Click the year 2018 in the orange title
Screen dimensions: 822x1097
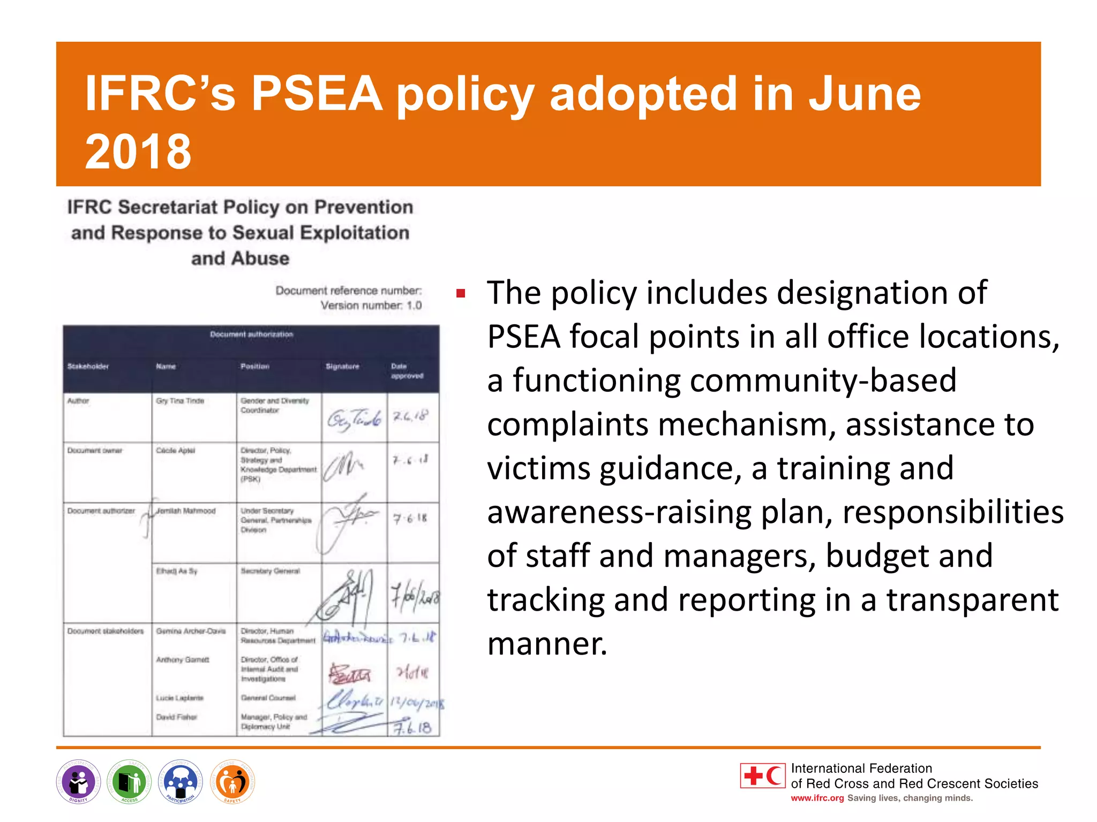click(138, 152)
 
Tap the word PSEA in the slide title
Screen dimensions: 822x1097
click(317, 94)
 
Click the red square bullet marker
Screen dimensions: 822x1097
click(461, 293)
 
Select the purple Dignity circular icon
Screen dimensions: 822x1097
click(78, 782)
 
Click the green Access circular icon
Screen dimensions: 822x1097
click(129, 782)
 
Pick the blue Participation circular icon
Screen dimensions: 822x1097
click(181, 782)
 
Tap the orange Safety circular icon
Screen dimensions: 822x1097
click(232, 782)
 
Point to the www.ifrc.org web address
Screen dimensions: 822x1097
click(817, 798)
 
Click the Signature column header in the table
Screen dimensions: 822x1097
click(342, 367)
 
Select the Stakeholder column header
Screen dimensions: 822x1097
click(88, 367)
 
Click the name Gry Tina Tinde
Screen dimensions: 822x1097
click(180, 401)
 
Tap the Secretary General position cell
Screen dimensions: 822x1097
click(270, 572)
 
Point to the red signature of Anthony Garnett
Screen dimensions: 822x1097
click(350, 674)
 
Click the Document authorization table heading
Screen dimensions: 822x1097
click(251, 334)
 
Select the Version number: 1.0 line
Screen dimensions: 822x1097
click(371, 306)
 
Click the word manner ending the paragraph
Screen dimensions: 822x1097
click(547, 644)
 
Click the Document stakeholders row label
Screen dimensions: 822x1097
click(106, 631)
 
